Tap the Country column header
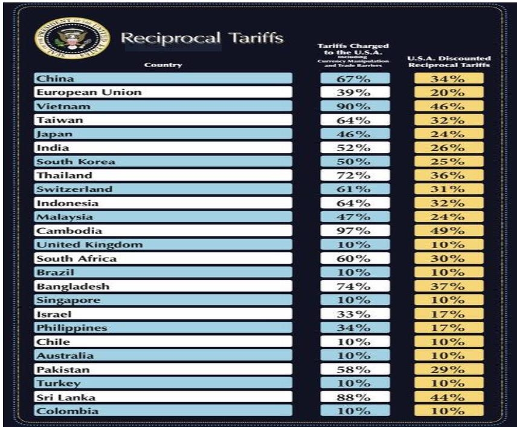(163, 65)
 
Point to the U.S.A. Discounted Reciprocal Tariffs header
(449, 62)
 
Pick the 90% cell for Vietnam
(355, 106)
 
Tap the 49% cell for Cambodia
(449, 230)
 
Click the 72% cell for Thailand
(355, 175)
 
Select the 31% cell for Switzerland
(449, 189)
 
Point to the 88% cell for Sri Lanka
(355, 397)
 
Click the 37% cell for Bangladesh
(449, 286)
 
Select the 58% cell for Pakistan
(355, 369)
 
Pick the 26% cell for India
(449, 148)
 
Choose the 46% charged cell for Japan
(355, 134)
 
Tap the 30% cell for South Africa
(449, 258)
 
